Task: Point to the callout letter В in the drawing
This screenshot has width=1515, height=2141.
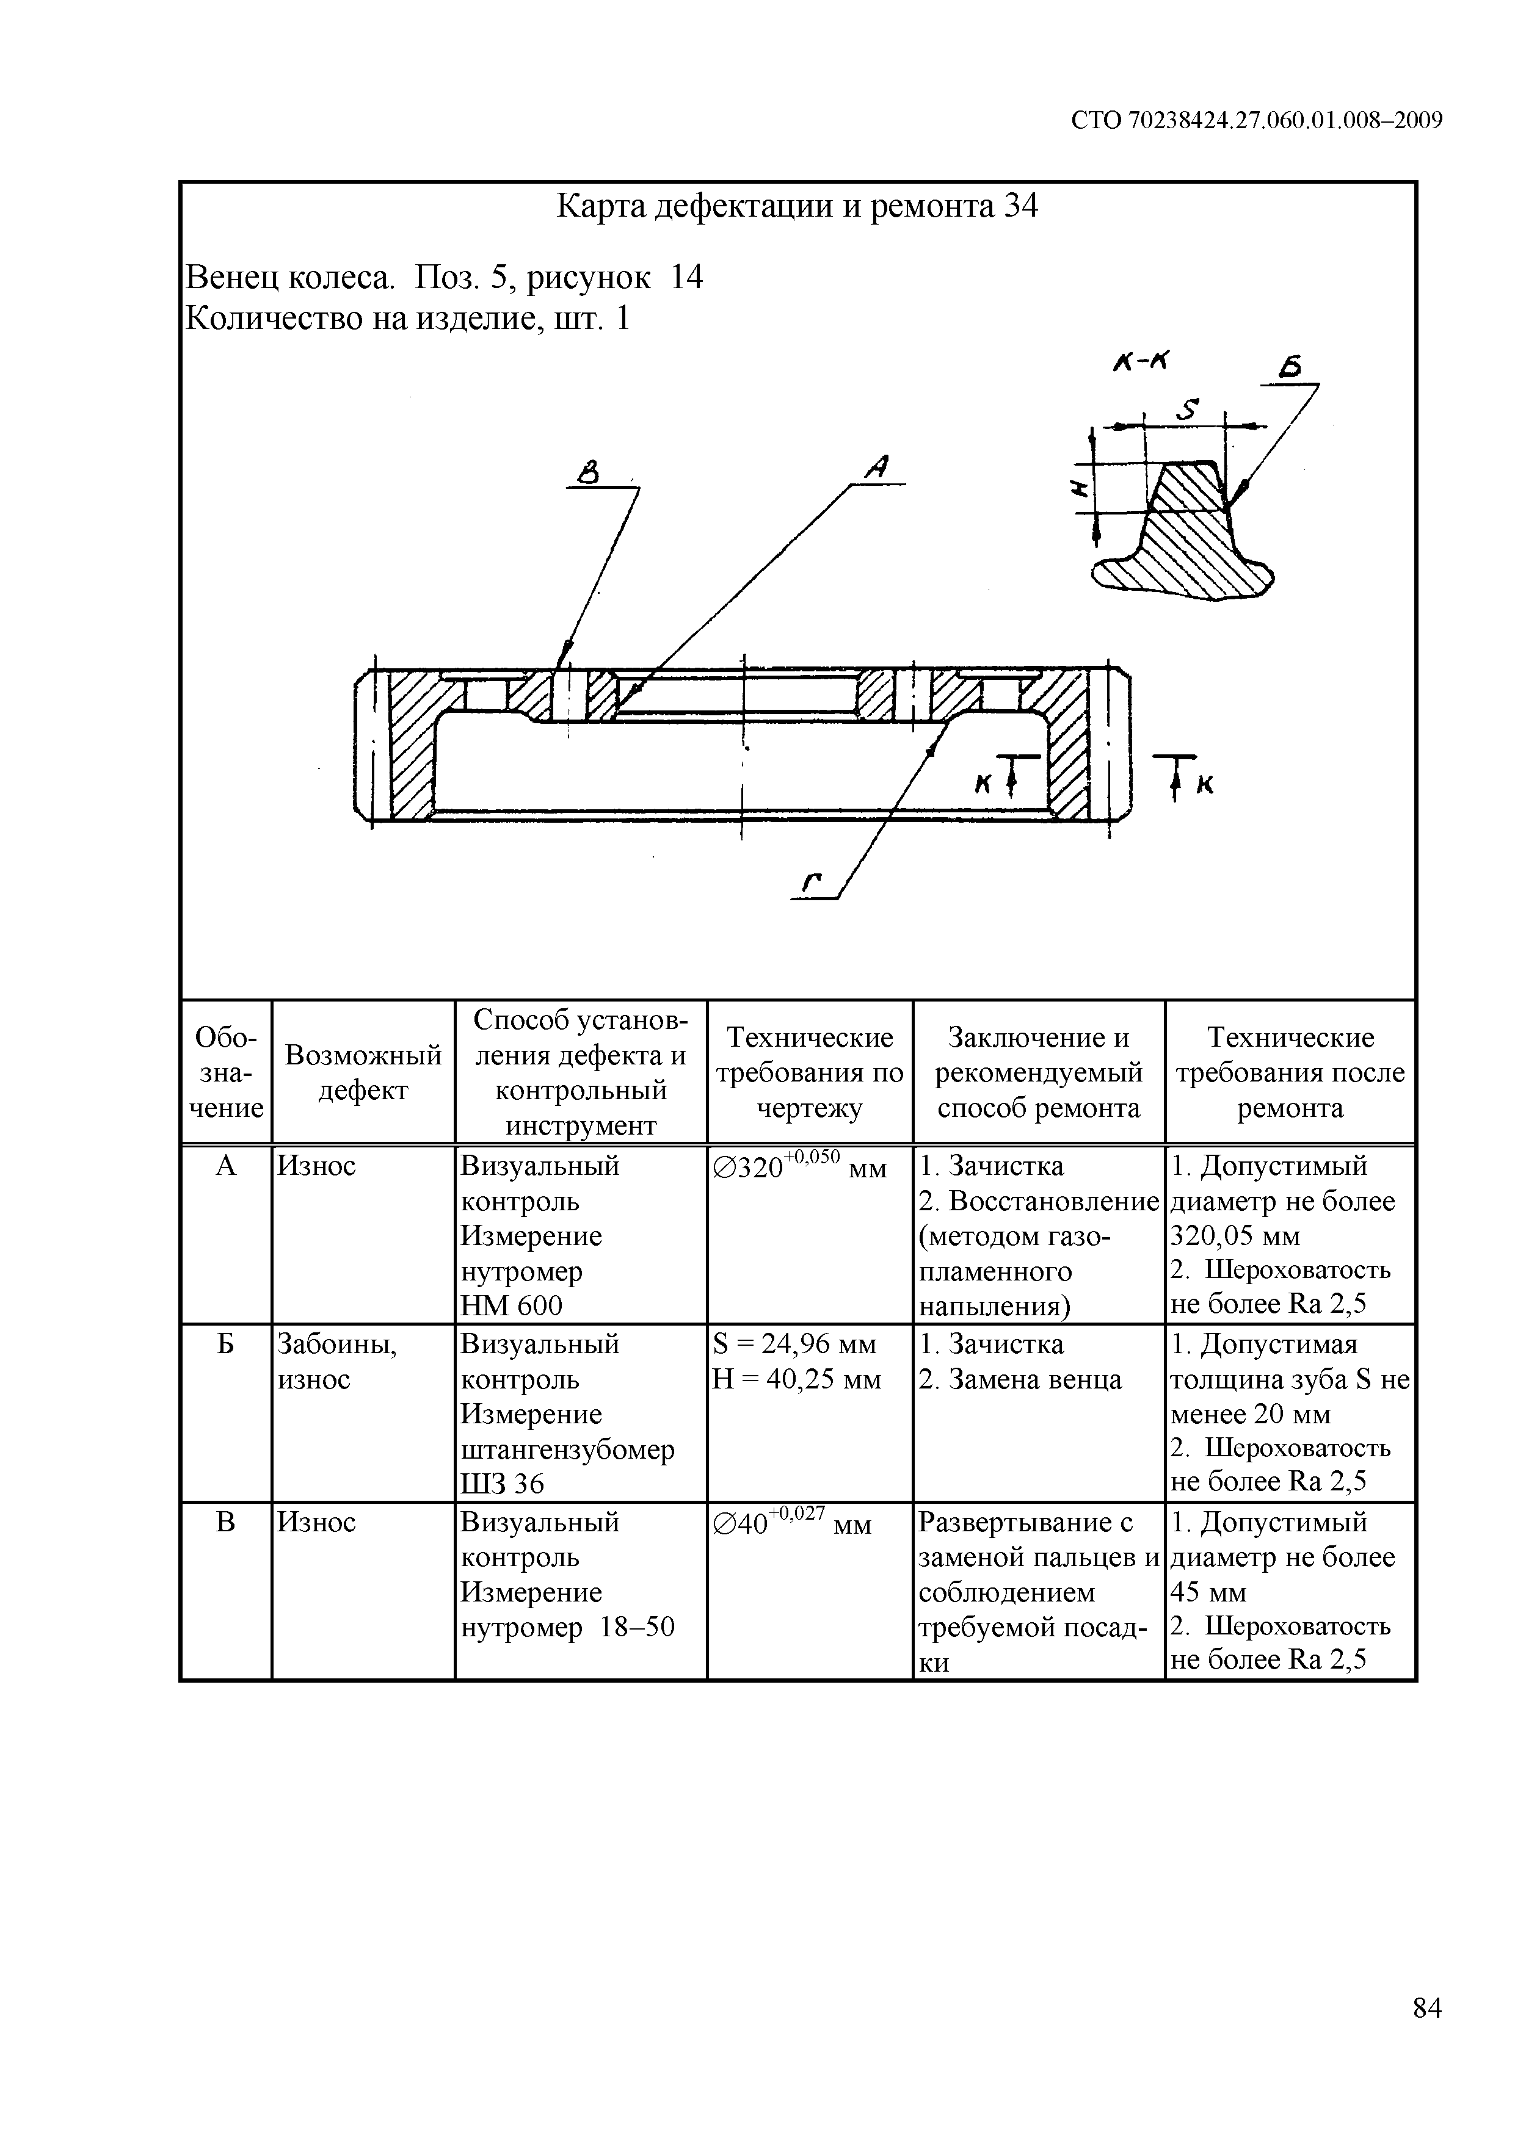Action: point(587,475)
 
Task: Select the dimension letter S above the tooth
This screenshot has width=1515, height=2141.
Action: point(1186,410)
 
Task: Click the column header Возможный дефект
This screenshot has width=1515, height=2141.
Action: point(363,1072)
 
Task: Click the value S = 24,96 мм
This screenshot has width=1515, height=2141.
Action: point(794,1344)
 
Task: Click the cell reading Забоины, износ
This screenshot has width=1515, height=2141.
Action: point(337,1362)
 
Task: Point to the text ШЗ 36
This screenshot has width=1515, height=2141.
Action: point(502,1484)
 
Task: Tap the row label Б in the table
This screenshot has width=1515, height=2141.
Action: point(226,1345)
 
